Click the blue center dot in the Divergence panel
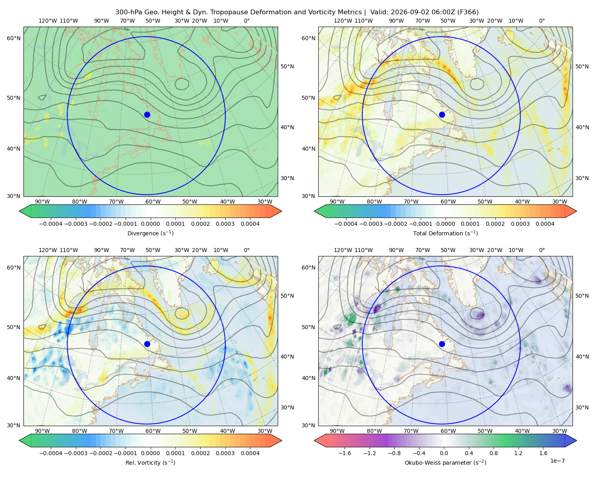click(147, 115)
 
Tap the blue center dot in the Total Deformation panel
click(442, 115)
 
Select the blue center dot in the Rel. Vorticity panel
click(147, 344)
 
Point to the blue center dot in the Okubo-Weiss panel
click(442, 344)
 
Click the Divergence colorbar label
click(150, 233)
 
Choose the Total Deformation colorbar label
click(445, 233)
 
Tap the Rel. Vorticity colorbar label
click(150, 463)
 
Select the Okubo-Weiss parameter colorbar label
click(445, 463)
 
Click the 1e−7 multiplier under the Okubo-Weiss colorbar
click(557, 461)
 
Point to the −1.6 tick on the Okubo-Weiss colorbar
click(344, 453)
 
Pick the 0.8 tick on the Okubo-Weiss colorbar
click(493, 453)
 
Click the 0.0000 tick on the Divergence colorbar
click(150, 224)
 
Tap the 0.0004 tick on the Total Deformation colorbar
click(545, 224)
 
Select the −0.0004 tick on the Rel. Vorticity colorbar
click(51, 453)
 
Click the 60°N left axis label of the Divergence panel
click(14, 38)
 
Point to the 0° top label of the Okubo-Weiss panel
click(542, 250)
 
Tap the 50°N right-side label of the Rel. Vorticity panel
click(287, 296)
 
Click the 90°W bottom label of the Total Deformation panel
click(337, 202)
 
